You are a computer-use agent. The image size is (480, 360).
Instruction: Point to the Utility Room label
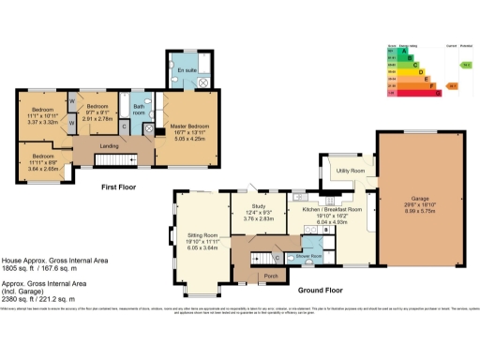[x=349, y=171]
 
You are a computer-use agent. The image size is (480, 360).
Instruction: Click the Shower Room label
[x=309, y=255]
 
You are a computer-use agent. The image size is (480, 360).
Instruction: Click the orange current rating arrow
[x=451, y=86]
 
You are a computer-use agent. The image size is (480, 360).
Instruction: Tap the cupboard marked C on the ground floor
[x=277, y=257]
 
